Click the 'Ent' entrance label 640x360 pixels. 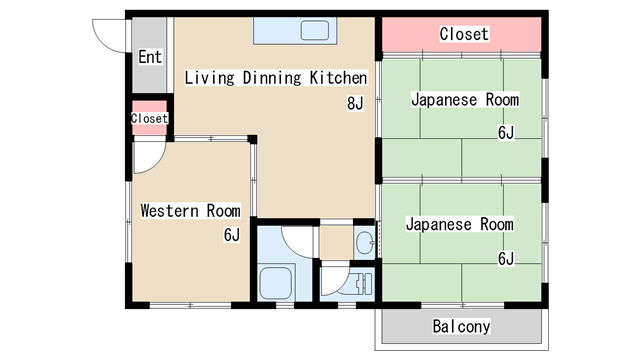(x=150, y=57)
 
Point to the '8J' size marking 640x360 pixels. (x=355, y=102)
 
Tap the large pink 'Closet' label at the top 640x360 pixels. (x=464, y=34)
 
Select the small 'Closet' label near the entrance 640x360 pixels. (x=149, y=118)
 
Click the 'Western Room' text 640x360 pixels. (x=190, y=210)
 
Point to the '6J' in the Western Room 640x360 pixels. (x=231, y=235)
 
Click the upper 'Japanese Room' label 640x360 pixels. (x=465, y=100)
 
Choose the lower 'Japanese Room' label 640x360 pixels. (x=459, y=224)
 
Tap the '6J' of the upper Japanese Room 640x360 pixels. (x=505, y=132)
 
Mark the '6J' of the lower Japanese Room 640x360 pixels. (x=505, y=259)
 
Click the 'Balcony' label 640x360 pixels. (x=461, y=326)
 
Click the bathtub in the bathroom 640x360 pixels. (x=275, y=282)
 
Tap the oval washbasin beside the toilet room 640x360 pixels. (x=365, y=241)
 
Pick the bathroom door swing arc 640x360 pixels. (x=298, y=240)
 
